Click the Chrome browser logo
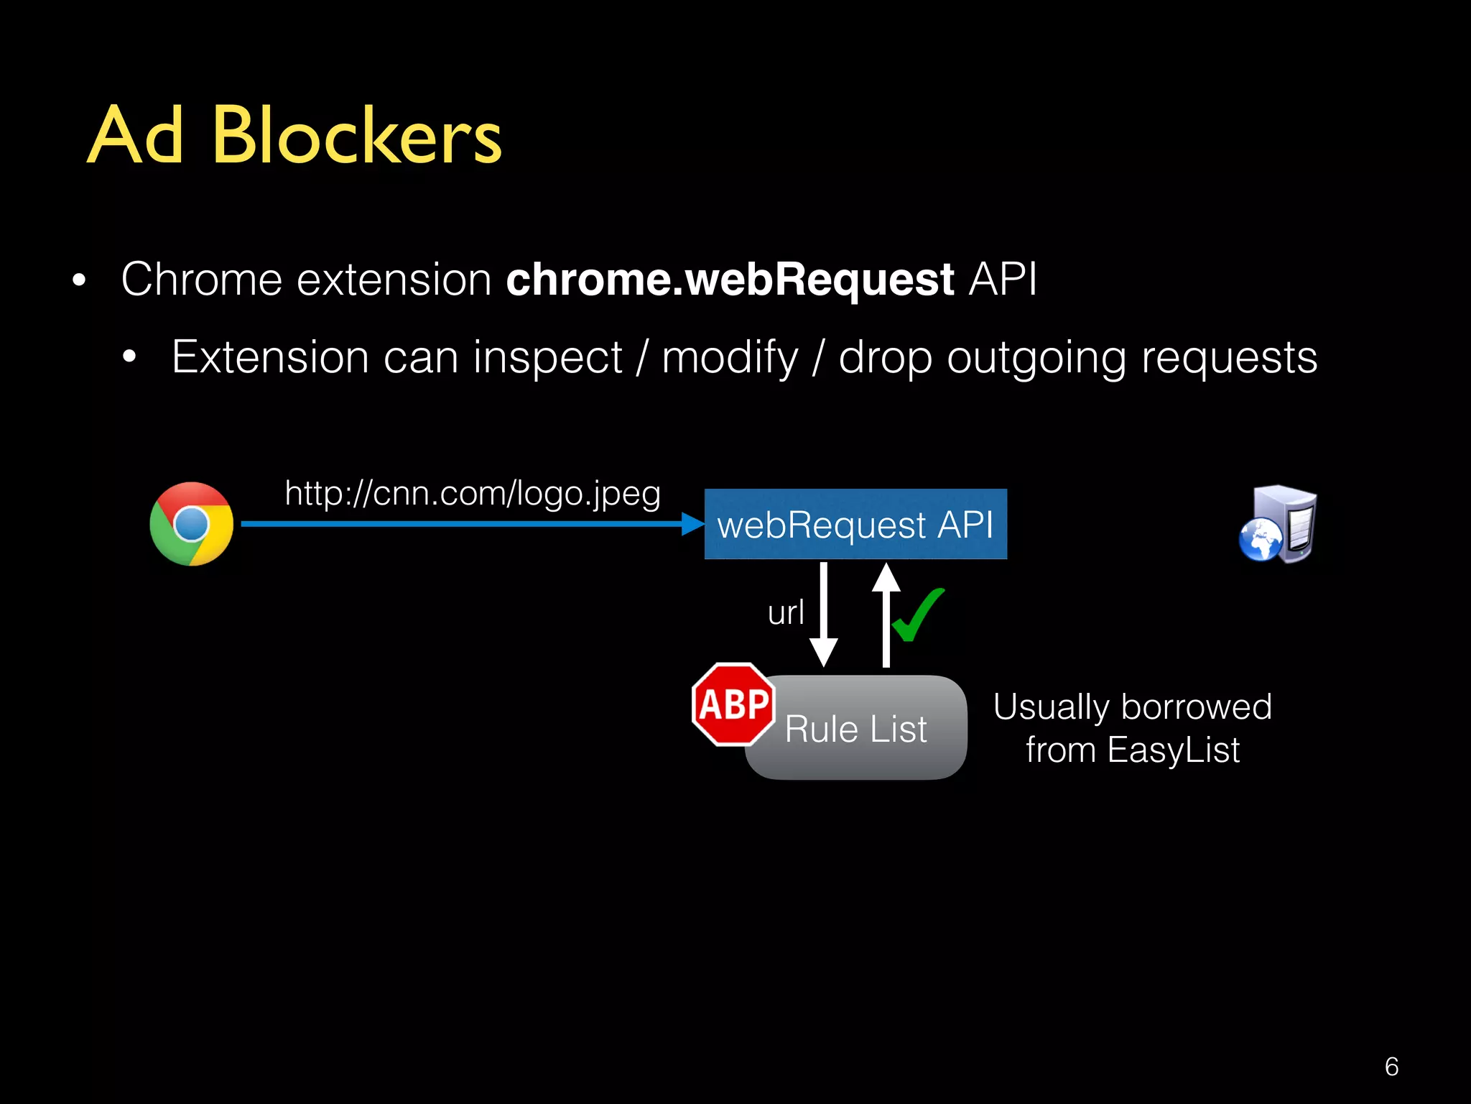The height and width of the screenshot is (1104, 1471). point(191,524)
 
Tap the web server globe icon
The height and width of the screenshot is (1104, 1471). point(1279,525)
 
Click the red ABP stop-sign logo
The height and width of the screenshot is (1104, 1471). point(733,704)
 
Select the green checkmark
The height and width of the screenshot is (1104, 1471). point(918,615)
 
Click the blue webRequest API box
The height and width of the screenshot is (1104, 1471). point(855,524)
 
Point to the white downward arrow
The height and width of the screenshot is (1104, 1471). point(824,615)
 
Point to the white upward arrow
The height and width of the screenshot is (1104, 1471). point(886,615)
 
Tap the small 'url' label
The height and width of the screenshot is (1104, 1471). point(786,613)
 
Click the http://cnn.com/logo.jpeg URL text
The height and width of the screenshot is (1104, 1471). point(472,494)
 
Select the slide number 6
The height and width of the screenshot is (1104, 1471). point(1391,1067)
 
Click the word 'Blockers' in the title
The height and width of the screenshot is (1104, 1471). point(357,135)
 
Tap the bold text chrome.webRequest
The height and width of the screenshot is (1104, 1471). point(730,279)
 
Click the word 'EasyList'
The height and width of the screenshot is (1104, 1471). point(1173,750)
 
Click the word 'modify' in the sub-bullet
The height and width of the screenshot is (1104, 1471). point(730,357)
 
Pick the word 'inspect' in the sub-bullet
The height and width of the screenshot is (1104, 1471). point(547,357)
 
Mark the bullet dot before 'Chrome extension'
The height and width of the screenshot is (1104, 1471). point(79,280)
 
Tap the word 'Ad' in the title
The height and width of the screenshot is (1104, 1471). point(135,135)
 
